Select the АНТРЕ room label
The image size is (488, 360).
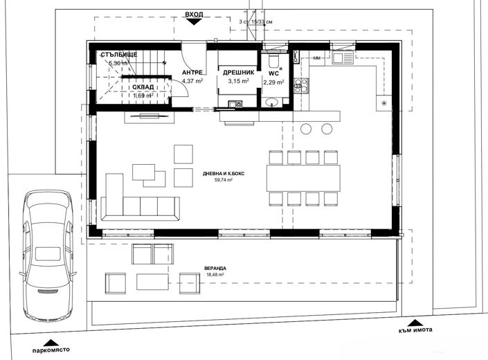click(192, 72)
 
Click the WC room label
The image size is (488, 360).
click(273, 72)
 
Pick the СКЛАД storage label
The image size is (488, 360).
click(147, 87)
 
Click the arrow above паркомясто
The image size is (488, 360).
click(50, 341)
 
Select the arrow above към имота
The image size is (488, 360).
click(414, 321)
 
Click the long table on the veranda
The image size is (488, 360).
click(152, 281)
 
